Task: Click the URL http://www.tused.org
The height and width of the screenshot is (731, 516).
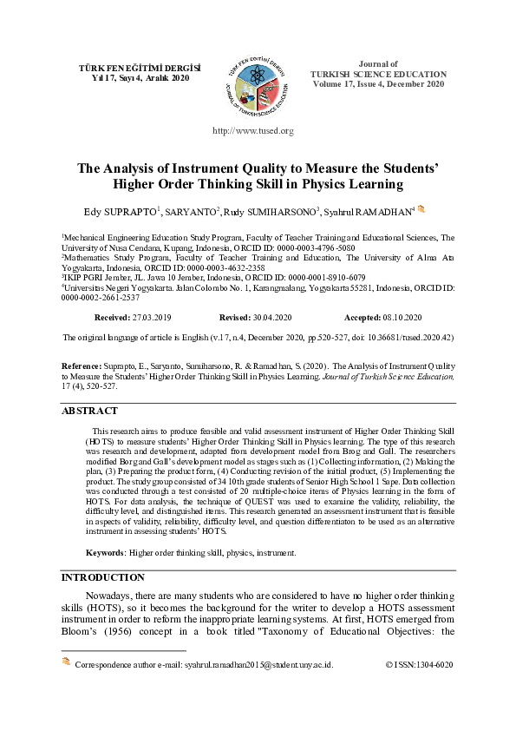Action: click(x=253, y=131)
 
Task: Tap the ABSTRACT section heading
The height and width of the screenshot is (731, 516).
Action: click(x=89, y=411)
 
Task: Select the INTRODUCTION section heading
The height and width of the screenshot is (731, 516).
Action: click(x=102, y=576)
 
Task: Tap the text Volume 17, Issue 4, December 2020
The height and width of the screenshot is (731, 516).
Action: click(x=378, y=84)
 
